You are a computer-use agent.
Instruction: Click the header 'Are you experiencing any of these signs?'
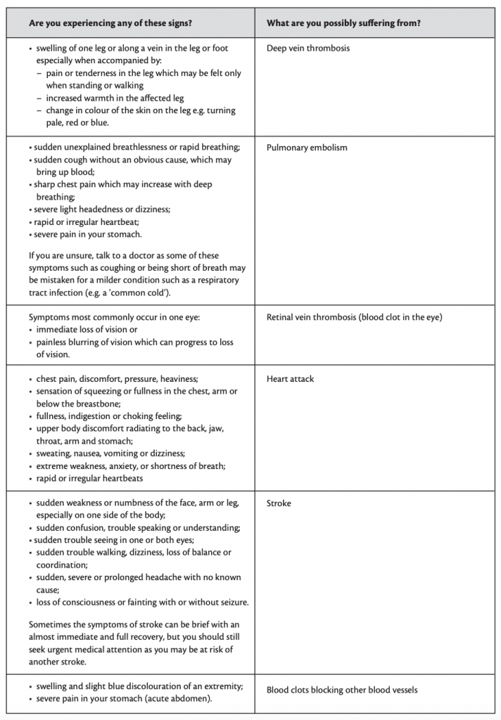click(x=110, y=23)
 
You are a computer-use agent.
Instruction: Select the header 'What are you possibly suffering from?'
click(x=343, y=23)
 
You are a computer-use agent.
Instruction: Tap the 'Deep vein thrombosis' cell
click(x=307, y=49)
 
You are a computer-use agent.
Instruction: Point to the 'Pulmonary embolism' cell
click(x=306, y=148)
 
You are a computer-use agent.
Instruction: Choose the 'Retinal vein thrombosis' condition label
click(x=354, y=317)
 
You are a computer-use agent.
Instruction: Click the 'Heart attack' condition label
click(x=290, y=379)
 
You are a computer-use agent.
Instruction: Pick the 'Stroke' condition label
click(x=279, y=503)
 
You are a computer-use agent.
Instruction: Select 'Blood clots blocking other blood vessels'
click(x=341, y=690)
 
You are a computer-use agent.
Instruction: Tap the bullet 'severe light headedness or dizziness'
click(x=102, y=210)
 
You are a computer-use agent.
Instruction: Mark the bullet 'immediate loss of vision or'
click(x=87, y=330)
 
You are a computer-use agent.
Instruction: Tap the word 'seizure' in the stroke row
click(x=231, y=603)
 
